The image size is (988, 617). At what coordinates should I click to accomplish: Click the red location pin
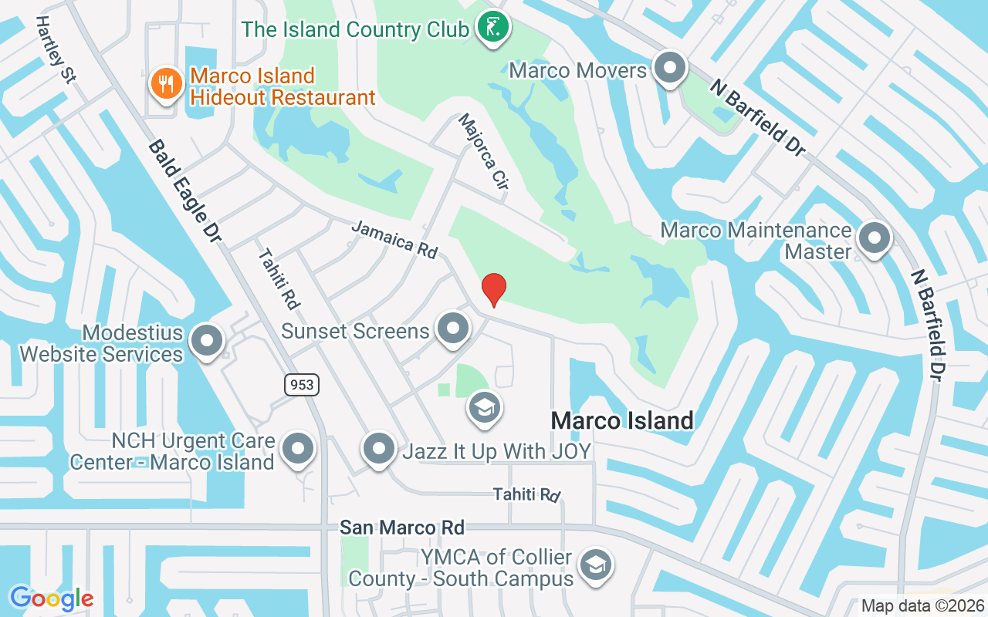point(494,289)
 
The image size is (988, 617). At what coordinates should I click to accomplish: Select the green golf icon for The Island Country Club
point(492,28)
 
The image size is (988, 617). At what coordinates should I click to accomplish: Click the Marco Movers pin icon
point(670,69)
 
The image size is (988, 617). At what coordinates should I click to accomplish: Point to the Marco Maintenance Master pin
point(875,238)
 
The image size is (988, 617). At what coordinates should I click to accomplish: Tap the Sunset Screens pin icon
point(453,329)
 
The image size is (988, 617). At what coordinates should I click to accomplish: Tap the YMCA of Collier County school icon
point(595,565)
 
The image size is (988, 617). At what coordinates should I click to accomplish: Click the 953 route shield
point(301,384)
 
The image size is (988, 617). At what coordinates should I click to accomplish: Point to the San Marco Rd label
point(402,528)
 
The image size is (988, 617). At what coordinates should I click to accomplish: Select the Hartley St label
point(54,49)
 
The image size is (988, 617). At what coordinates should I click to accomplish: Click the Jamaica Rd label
point(394,239)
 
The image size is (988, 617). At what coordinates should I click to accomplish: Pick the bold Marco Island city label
point(622,421)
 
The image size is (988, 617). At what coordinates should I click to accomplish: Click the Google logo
point(51,598)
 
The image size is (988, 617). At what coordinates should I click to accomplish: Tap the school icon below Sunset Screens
point(484,408)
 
